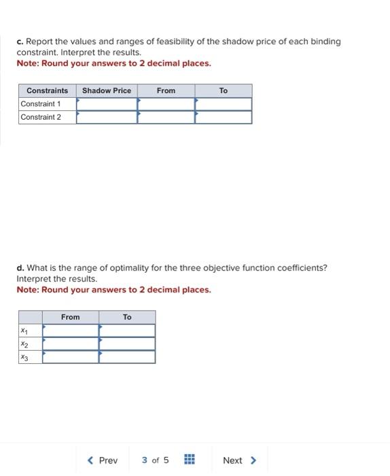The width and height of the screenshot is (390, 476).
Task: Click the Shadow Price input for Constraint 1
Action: [107, 104]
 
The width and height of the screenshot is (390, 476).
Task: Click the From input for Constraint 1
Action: [166, 104]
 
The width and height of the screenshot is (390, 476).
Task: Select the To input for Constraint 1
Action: [224, 104]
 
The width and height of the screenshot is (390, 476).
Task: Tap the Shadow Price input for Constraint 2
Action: [107, 117]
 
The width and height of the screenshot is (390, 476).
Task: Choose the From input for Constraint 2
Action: [166, 117]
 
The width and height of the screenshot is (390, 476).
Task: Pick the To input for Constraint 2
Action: [224, 117]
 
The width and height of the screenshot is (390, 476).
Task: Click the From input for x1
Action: [71, 330]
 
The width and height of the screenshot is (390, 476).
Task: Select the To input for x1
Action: [127, 330]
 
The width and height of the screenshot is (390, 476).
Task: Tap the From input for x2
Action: [71, 343]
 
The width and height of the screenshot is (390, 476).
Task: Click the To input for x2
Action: [127, 343]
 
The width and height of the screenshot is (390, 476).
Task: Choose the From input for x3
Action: [71, 356]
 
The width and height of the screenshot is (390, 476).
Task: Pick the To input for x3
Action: [127, 356]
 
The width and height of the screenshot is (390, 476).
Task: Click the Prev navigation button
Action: [103, 460]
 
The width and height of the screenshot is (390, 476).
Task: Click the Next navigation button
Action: [239, 460]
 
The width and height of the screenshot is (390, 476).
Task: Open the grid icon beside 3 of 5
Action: [190, 460]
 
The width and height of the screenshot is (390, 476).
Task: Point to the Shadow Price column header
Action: [107, 90]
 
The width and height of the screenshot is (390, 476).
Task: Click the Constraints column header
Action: [48, 90]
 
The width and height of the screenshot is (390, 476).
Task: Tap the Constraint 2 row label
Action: [41, 117]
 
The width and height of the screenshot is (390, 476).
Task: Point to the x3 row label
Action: [24, 356]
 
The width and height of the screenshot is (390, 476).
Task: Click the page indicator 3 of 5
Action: [155, 460]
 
